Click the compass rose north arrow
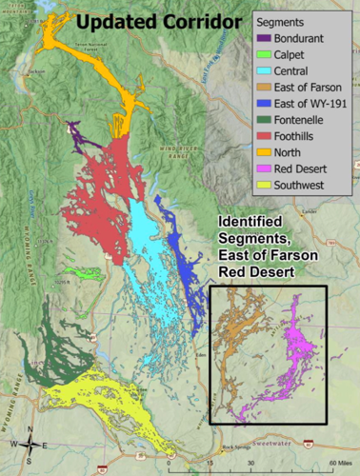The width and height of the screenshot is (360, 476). coord(30,442)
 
